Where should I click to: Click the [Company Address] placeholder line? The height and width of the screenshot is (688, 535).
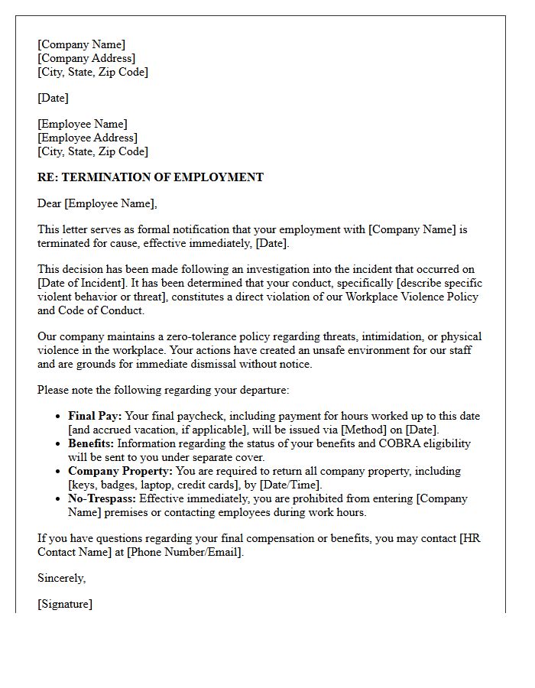(x=86, y=58)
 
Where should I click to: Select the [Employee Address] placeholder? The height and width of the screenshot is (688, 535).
(x=87, y=138)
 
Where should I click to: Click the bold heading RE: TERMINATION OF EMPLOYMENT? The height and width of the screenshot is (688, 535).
(x=151, y=177)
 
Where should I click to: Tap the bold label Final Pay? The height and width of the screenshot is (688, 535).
(x=95, y=416)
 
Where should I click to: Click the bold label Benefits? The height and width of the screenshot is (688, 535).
(x=92, y=443)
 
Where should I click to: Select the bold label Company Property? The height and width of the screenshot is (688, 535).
(x=120, y=471)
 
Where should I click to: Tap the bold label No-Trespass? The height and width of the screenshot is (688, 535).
(x=102, y=498)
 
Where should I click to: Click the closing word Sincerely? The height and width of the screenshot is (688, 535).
(x=61, y=578)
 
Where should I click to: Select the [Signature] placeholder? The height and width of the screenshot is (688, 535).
(x=65, y=604)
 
